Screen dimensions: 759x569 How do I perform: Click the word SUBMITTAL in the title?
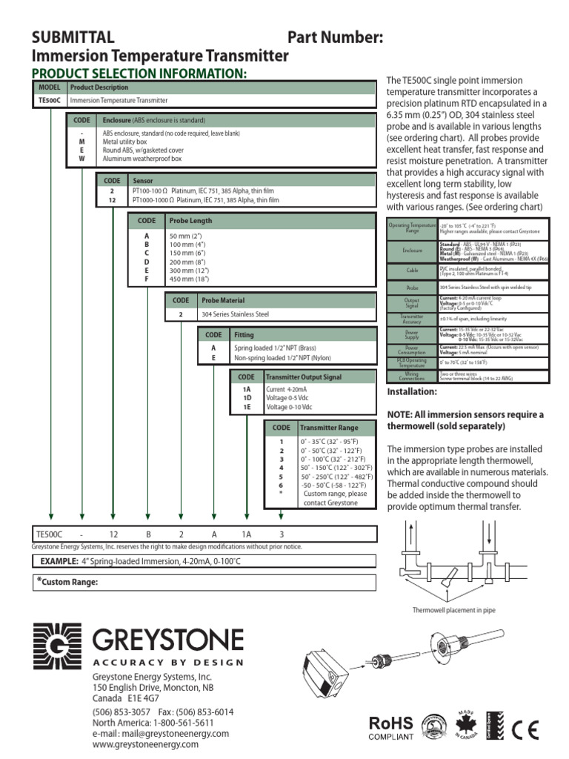[x=73, y=38]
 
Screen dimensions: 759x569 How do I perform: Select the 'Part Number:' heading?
[x=335, y=38]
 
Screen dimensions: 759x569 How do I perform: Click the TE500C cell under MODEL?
[x=50, y=100]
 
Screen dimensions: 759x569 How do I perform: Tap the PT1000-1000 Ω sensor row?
[x=205, y=200]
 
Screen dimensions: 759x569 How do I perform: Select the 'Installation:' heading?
[x=413, y=391]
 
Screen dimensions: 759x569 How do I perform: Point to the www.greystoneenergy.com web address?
[x=145, y=744]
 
